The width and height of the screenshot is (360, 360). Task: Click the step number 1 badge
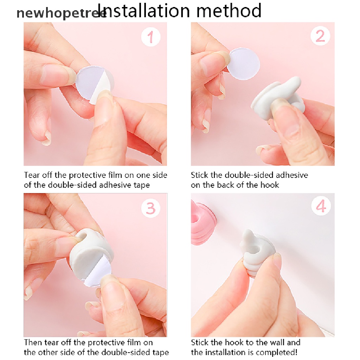point(150,37)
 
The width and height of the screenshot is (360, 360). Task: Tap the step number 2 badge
point(320,36)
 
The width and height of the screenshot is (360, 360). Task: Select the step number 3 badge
point(150,208)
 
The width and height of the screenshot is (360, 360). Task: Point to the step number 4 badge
point(321,206)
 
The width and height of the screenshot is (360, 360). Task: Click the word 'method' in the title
point(229,11)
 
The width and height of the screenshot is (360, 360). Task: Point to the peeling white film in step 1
point(101,87)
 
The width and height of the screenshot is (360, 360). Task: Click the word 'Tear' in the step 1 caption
point(32,175)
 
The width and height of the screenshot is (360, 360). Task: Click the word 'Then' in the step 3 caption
point(33,342)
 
